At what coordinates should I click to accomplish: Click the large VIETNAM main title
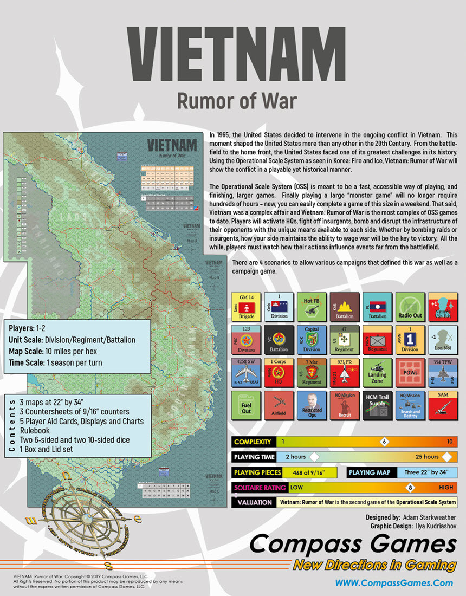(x=232, y=53)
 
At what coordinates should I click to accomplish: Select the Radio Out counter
(x=410, y=307)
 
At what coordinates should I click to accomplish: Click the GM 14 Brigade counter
(x=246, y=307)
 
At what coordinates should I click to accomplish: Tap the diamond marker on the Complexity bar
(x=384, y=442)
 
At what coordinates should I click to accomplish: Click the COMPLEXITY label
(x=253, y=442)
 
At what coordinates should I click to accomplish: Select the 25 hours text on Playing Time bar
(x=427, y=457)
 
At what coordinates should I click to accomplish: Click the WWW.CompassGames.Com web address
(x=394, y=583)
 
